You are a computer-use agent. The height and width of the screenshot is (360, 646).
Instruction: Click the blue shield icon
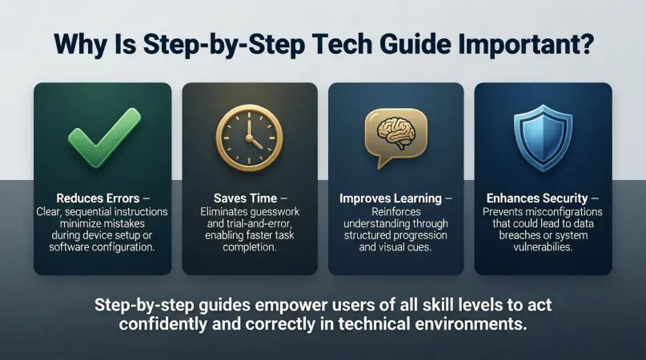[543, 134]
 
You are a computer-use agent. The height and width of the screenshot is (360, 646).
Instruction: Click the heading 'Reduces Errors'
[95, 198]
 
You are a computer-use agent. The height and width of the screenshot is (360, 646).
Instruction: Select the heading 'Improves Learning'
[390, 198]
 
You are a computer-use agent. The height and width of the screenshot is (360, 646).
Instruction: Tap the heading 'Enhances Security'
[537, 198]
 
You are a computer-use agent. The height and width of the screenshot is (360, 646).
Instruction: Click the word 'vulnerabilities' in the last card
[544, 248]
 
